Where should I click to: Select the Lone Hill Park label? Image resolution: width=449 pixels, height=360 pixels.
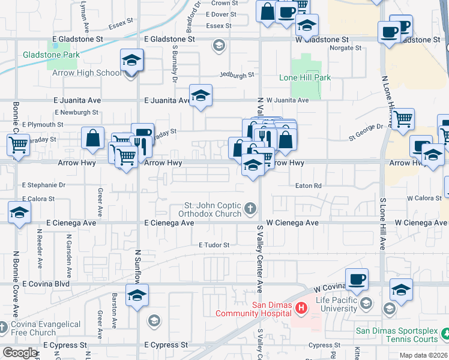pos(305,78)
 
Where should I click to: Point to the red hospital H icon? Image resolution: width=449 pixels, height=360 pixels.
pos(301,308)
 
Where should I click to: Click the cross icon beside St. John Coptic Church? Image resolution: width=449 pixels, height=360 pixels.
pos(250,209)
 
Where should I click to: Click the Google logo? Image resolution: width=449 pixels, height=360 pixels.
pos(20,353)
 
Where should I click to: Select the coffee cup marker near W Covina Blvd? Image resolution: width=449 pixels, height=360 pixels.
pos(357,278)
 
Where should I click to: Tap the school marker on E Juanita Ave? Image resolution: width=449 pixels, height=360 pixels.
pos(200,95)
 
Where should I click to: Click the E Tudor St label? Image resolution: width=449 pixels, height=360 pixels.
pos(214,245)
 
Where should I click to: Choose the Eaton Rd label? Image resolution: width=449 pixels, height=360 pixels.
pos(309,186)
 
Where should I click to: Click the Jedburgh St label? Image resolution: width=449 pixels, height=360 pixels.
pos(237,76)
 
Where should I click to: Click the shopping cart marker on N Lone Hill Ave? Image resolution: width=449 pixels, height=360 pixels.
pos(403,119)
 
